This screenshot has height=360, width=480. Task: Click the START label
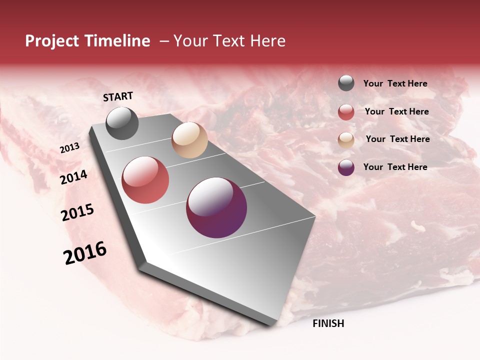tap(118, 96)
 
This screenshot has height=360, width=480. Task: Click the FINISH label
tap(328, 323)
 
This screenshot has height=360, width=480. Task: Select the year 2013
tap(69, 148)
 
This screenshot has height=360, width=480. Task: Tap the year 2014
tap(73, 177)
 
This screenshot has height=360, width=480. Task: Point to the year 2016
tap(85, 253)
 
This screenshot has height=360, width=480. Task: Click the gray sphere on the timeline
tap(122, 123)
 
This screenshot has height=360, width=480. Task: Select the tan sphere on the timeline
tap(189, 140)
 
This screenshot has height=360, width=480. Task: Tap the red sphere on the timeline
tap(145, 180)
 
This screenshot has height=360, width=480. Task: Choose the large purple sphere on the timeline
tap(216, 207)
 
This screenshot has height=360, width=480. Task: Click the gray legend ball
tap(346, 83)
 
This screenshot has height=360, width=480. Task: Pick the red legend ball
tap(346, 112)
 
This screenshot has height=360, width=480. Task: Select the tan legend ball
tap(346, 139)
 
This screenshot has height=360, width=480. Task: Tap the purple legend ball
tap(346, 167)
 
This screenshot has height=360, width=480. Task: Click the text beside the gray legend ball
tap(395, 83)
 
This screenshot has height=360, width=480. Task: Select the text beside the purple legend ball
tap(395, 167)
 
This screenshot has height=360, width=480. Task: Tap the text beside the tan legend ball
tap(397, 139)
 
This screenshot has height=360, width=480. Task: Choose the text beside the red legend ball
tap(396, 111)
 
